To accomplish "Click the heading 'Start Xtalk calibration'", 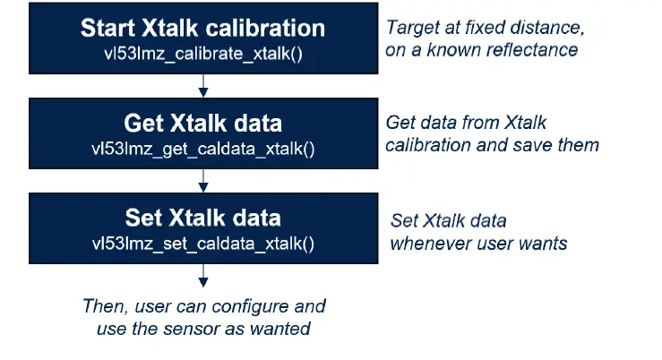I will coord(203,28).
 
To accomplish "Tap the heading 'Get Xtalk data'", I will coord(203,124).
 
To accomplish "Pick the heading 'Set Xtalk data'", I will coord(203,219).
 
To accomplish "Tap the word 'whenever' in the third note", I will coord(428,243).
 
